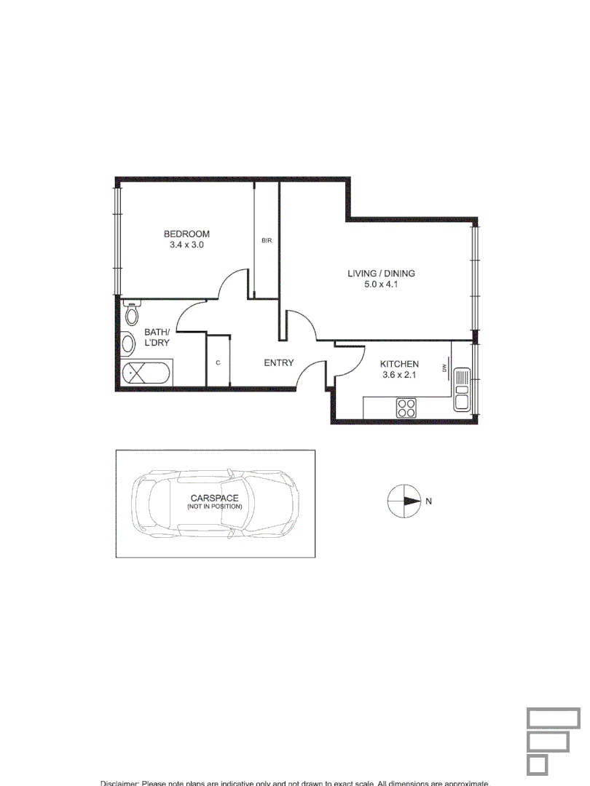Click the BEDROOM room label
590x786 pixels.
pyautogui.click(x=186, y=234)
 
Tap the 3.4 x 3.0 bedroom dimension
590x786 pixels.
pyautogui.click(x=186, y=245)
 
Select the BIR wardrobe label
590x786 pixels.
pyautogui.click(x=267, y=240)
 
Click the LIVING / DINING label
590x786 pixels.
pyautogui.click(x=381, y=274)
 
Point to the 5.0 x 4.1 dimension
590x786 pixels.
pyautogui.click(x=381, y=285)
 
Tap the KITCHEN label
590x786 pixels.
pyautogui.click(x=400, y=364)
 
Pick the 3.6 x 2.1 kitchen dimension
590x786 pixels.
pyautogui.click(x=400, y=376)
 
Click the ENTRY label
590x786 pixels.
pyautogui.click(x=279, y=362)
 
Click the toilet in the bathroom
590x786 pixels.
pyautogui.click(x=132, y=313)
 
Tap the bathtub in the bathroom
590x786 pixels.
pyautogui.click(x=146, y=374)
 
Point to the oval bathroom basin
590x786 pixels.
pyautogui.click(x=127, y=344)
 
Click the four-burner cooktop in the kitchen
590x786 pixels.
pyautogui.click(x=406, y=408)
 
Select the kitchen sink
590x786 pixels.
pyautogui.click(x=462, y=389)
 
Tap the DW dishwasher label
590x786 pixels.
pyautogui.click(x=444, y=368)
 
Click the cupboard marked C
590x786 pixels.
pyautogui.click(x=218, y=361)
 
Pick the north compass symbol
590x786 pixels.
pyautogui.click(x=403, y=501)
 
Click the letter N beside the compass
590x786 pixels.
pyautogui.click(x=429, y=501)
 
